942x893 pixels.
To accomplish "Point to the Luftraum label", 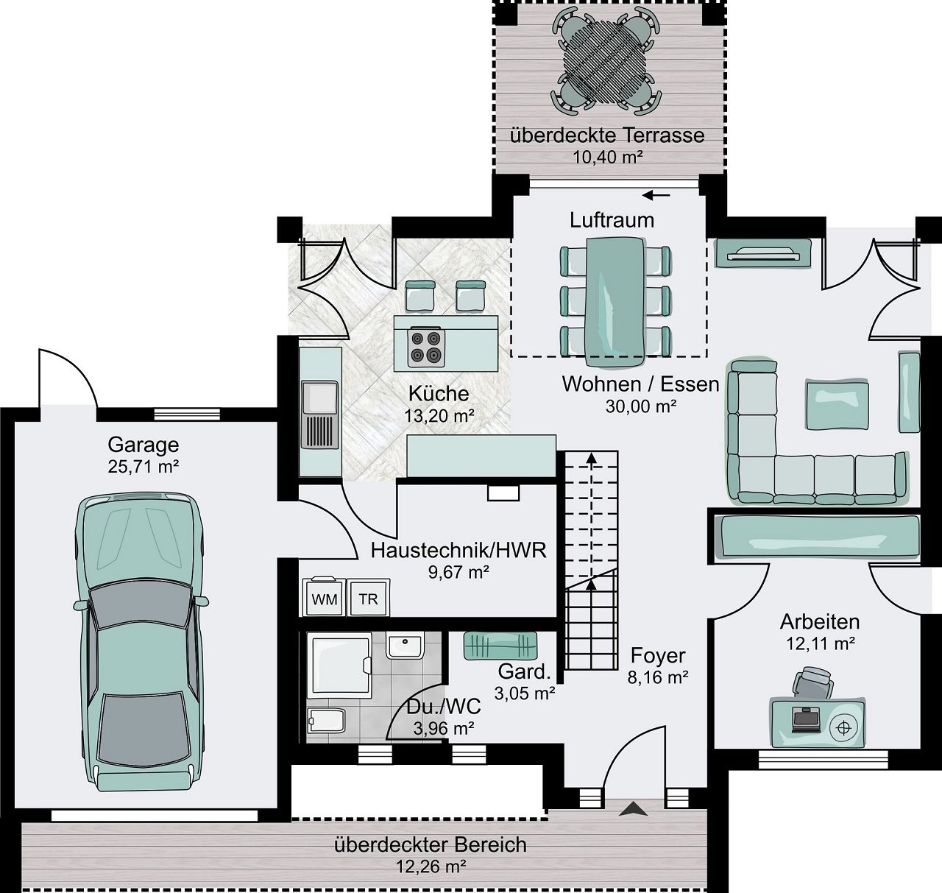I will click(612, 219).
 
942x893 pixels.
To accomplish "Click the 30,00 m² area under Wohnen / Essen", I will click(640, 406).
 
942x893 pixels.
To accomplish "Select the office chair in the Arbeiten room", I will click(813, 682).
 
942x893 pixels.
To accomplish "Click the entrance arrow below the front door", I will click(632, 809).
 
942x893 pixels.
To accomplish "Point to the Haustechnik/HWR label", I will click(458, 550).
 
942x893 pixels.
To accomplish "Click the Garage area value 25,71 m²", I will click(144, 466).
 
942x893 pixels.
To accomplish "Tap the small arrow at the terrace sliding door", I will click(656, 195).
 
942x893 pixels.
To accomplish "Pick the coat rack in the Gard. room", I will click(500, 645).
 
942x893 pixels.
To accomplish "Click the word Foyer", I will click(658, 655).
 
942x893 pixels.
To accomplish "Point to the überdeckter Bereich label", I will click(430, 844).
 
